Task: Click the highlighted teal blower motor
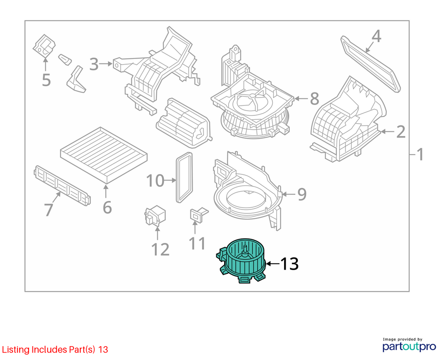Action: [242, 261]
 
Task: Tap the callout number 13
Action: [289, 264]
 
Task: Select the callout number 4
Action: [376, 36]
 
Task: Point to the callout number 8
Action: [314, 98]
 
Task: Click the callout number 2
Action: [401, 132]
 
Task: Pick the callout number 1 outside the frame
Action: [420, 154]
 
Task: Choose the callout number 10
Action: [155, 180]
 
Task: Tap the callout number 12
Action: [160, 249]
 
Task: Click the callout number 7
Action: [49, 210]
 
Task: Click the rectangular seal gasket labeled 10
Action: [184, 177]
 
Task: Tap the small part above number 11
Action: [198, 214]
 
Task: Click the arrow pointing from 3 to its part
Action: [106, 64]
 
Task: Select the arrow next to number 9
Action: [289, 194]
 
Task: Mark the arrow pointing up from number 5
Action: [45, 64]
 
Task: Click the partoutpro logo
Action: [409, 344]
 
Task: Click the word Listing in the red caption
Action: [16, 350]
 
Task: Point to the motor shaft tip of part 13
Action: [245, 247]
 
